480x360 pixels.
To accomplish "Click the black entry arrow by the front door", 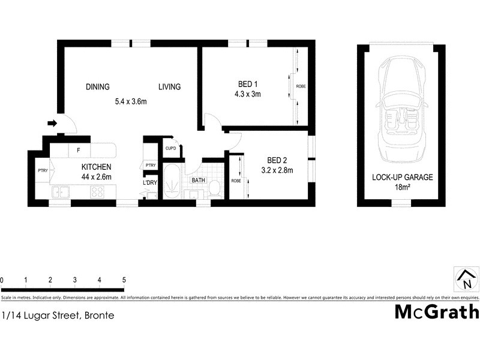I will tap(52, 124).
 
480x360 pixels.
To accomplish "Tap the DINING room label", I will tap(97, 87).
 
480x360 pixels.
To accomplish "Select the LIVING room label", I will tap(169, 87).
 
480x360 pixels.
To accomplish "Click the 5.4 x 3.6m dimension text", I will tap(131, 101).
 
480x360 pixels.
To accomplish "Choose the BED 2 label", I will tap(277, 160).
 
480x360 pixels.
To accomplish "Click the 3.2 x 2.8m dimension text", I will tap(277, 170).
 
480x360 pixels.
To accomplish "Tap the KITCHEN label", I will tap(96, 167).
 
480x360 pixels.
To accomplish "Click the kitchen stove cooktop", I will tap(97, 192).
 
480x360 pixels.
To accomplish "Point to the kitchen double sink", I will tap(61, 192).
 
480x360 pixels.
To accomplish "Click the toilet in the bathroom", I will tap(214, 189).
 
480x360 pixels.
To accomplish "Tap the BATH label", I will tap(198, 180).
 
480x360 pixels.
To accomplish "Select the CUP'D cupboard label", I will tap(170, 148).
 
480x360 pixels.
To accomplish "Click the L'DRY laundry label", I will tap(150, 183).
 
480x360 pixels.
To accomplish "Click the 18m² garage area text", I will tap(402, 187).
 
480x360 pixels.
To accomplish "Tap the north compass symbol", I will tap(466, 279).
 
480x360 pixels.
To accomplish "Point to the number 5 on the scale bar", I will tap(124, 280).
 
